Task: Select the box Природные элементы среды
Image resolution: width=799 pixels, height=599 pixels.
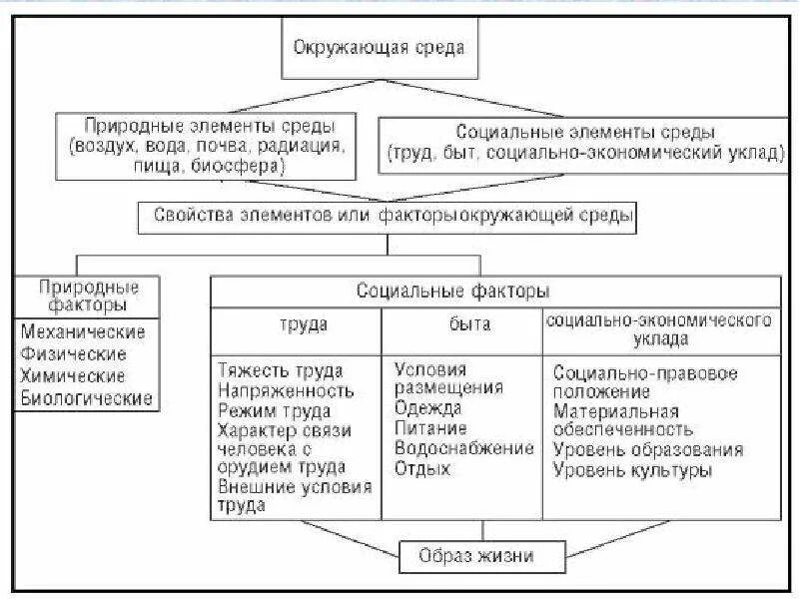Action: click(208, 148)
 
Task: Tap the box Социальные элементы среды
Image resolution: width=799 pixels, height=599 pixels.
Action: click(585, 144)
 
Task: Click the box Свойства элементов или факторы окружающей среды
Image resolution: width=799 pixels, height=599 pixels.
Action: click(394, 215)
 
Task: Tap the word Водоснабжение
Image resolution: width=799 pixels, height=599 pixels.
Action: click(464, 448)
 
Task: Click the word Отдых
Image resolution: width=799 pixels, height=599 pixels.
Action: click(422, 468)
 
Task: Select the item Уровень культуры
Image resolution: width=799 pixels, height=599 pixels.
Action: click(633, 470)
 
